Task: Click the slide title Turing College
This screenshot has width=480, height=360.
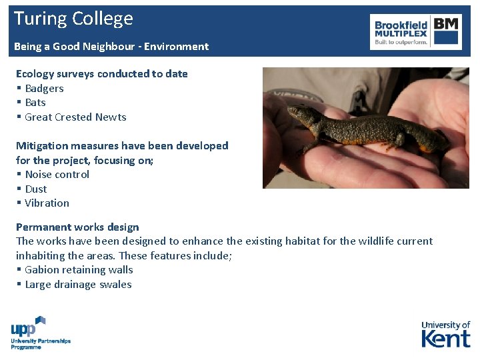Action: pyautogui.click(x=73, y=19)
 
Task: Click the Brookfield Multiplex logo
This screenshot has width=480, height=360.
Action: pyautogui.click(x=416, y=31)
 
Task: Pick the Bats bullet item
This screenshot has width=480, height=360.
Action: pyautogui.click(x=35, y=103)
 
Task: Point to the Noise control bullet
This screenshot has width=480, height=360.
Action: pyautogui.click(x=57, y=175)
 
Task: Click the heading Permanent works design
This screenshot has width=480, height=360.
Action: pyautogui.click(x=77, y=227)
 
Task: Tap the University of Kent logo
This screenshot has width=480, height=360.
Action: pyautogui.click(x=445, y=334)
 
